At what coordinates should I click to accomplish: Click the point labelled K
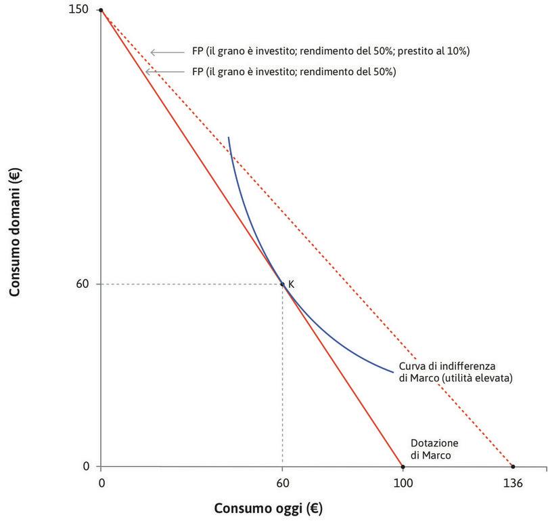(282, 284)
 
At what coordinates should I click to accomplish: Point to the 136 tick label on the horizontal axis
(513, 483)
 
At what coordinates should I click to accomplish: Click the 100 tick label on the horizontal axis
(403, 483)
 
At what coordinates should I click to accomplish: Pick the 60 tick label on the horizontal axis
(282, 483)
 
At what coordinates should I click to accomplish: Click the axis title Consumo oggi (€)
(263, 507)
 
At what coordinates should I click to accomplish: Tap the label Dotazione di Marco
(434, 449)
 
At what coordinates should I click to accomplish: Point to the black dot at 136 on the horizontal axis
(513, 466)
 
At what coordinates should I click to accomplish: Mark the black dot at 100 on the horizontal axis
(403, 466)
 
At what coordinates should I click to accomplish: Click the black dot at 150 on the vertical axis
(101, 10)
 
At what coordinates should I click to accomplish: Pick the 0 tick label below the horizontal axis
(101, 483)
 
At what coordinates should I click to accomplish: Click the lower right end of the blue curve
(393, 372)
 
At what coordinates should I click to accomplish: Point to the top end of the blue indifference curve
(229, 138)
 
